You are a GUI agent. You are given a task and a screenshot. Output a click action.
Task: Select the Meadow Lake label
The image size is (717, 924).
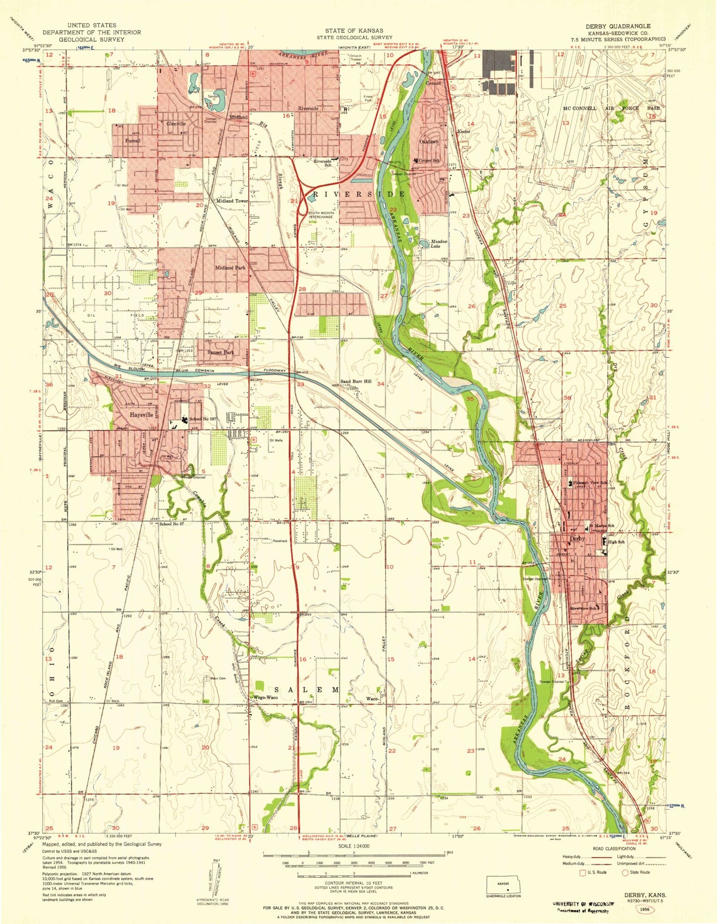pyautogui.click(x=439, y=243)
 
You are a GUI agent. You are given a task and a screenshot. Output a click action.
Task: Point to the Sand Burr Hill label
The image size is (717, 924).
pyautogui.click(x=355, y=381)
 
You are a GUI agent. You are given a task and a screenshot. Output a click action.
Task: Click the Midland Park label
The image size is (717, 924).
pyautogui.click(x=230, y=268)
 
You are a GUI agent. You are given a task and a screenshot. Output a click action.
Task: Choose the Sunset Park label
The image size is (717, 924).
pyautogui.click(x=221, y=352)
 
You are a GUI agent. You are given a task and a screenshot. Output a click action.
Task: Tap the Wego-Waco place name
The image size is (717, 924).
pyautogui.click(x=265, y=697)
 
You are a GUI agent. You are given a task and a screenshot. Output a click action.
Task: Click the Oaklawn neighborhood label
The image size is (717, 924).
pyautogui.click(x=429, y=142)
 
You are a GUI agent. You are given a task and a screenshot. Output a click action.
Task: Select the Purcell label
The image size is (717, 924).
pyautogui.click(x=132, y=141)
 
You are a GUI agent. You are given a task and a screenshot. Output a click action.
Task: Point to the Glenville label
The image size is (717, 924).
pyautogui.click(x=176, y=124)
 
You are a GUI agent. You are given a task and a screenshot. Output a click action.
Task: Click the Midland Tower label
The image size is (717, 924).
pyautogui.click(x=231, y=201)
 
